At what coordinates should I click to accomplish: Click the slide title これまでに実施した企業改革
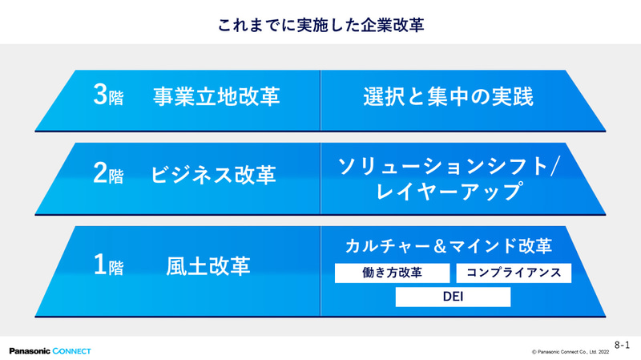pos(320,25)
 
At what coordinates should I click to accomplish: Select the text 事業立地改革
pos(216,97)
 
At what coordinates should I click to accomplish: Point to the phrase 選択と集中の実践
pos(447,97)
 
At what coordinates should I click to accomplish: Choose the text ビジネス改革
pos(214,175)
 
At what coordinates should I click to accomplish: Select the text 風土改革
pos(208,265)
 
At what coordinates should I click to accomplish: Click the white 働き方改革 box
pos(391,273)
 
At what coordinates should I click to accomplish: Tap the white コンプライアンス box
pos(514,273)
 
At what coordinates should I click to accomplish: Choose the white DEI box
pos(453,297)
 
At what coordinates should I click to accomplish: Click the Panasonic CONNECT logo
pos(50,350)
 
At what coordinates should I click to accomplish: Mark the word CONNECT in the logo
pos(72,350)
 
